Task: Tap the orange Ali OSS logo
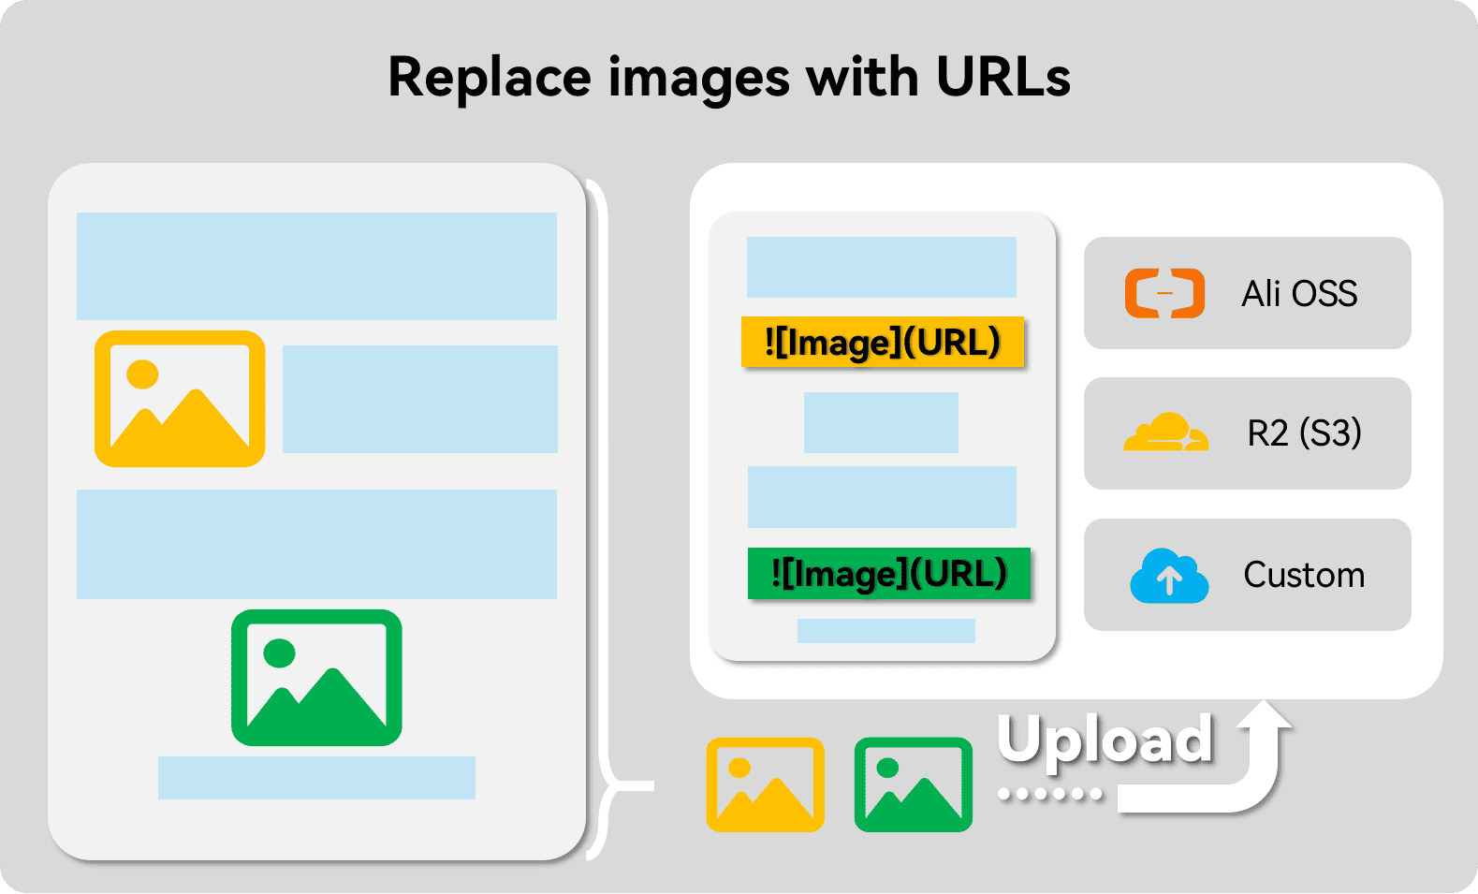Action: click(x=1164, y=293)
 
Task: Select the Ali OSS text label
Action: click(x=1299, y=294)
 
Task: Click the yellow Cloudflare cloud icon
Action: click(x=1165, y=432)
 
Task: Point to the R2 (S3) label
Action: click(x=1304, y=433)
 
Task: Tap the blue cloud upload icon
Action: click(x=1169, y=576)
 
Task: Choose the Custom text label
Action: click(x=1304, y=575)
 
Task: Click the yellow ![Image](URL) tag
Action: click(x=883, y=343)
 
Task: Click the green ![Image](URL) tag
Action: click(x=888, y=573)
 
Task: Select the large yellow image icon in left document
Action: click(x=180, y=399)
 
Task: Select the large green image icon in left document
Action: click(x=316, y=678)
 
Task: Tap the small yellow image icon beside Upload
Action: click(x=765, y=784)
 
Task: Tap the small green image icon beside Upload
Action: click(x=913, y=784)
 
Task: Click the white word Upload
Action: click(x=1105, y=740)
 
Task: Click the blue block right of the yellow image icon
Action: click(x=419, y=399)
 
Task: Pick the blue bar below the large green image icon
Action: click(x=316, y=777)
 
